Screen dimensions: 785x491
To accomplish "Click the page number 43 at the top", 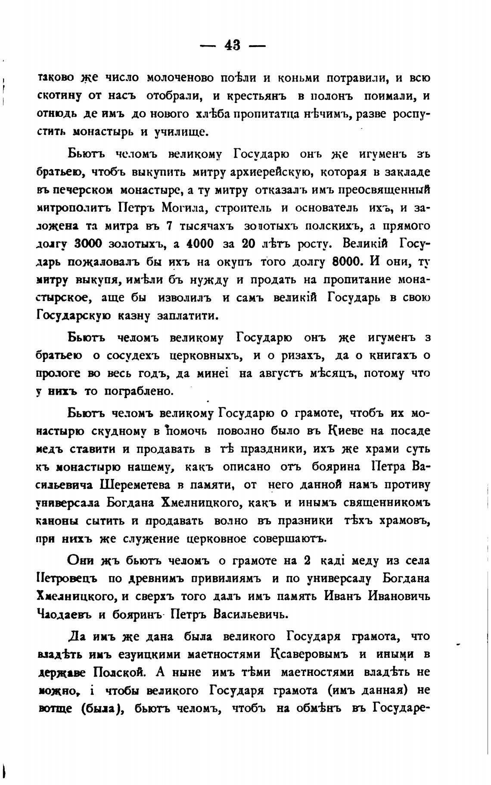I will click(x=233, y=45).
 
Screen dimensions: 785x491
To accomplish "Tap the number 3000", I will click(x=88, y=244).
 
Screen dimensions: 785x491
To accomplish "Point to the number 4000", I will click(x=200, y=244).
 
